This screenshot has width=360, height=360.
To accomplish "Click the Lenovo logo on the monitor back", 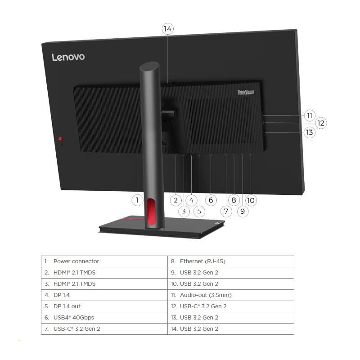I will (x=68, y=57).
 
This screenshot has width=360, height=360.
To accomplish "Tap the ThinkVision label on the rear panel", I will (x=246, y=92).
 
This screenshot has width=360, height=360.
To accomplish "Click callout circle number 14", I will (x=168, y=29).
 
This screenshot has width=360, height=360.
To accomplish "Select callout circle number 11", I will (x=309, y=115).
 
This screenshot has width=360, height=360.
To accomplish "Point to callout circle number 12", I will (x=320, y=123).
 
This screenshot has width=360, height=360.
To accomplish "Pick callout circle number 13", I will (x=309, y=132).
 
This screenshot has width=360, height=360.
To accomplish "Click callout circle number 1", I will (x=137, y=200).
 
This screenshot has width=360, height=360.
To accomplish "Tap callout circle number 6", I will (x=210, y=200).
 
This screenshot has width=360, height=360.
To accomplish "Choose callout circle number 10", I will (x=251, y=200).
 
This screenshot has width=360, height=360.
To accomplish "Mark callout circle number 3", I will (x=184, y=211).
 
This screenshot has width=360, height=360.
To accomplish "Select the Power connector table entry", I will (x=76, y=261).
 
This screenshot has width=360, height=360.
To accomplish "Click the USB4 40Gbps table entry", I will (x=73, y=318).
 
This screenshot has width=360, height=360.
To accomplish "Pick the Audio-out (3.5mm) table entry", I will (x=206, y=295).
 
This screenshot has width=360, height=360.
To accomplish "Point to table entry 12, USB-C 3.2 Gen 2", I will (x=203, y=306).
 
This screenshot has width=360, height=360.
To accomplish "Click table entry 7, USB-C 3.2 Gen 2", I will (x=76, y=329).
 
